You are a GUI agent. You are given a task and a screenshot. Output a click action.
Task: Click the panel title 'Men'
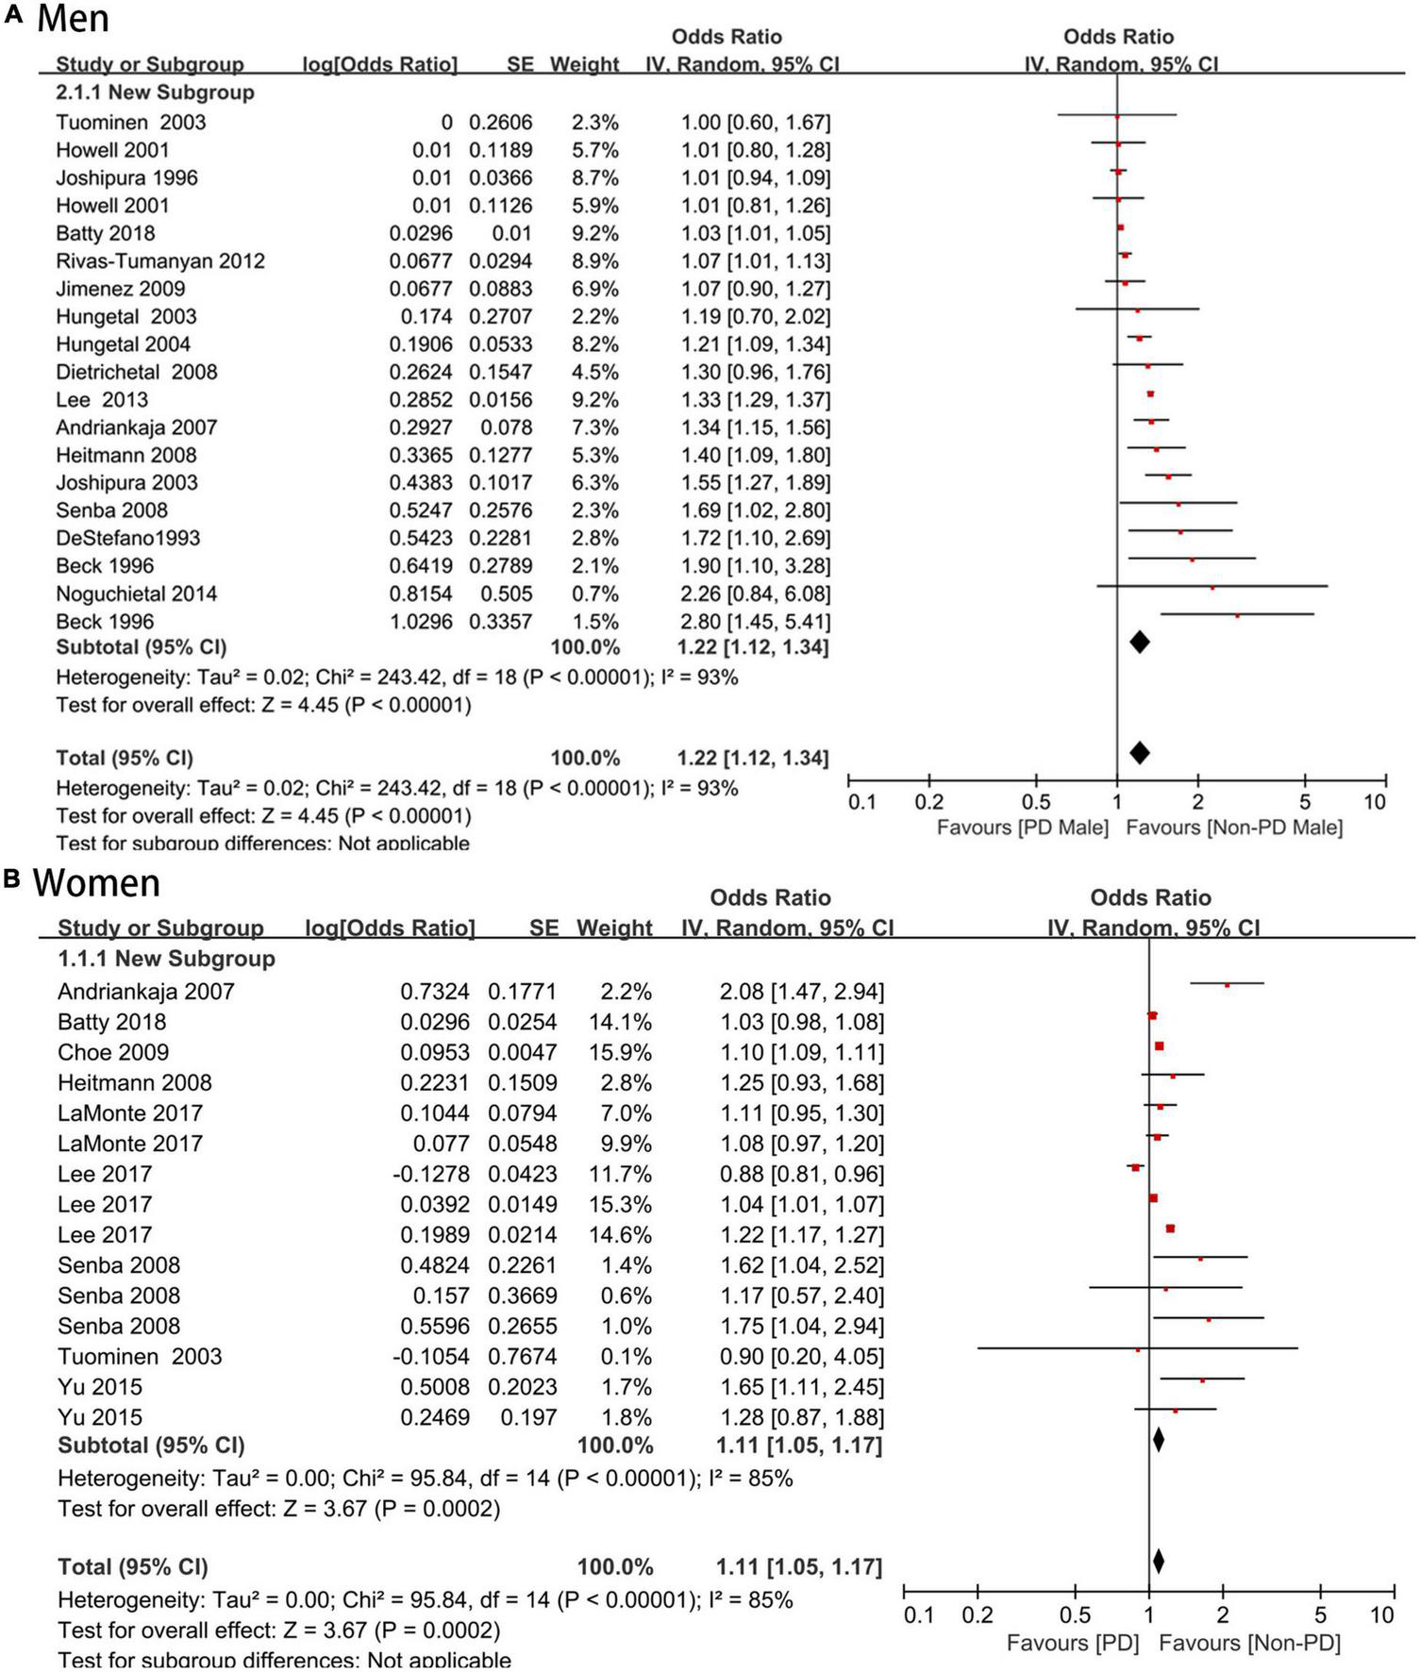[73, 19]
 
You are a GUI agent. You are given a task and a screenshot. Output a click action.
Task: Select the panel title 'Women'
[96, 883]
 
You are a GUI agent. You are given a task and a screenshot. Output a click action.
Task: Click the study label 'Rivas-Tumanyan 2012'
[159, 260]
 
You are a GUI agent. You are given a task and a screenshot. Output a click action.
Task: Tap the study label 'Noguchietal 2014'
[136, 594]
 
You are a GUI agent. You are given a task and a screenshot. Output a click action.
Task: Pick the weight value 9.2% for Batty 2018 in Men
[594, 233]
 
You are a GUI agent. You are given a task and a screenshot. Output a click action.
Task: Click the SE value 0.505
[508, 594]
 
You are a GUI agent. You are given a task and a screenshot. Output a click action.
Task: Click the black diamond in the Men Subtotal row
[1140, 643]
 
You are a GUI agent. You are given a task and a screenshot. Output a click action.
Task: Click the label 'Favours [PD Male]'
[1022, 828]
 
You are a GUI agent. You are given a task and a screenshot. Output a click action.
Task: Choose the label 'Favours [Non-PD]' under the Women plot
[1249, 1643]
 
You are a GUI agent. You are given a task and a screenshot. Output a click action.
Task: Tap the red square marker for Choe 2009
[1159, 1045]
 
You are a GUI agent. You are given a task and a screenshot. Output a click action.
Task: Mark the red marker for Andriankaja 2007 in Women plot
[1227, 985]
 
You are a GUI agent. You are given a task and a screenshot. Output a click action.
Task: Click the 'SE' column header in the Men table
[520, 64]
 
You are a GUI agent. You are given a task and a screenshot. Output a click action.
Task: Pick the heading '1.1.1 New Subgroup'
[166, 959]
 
